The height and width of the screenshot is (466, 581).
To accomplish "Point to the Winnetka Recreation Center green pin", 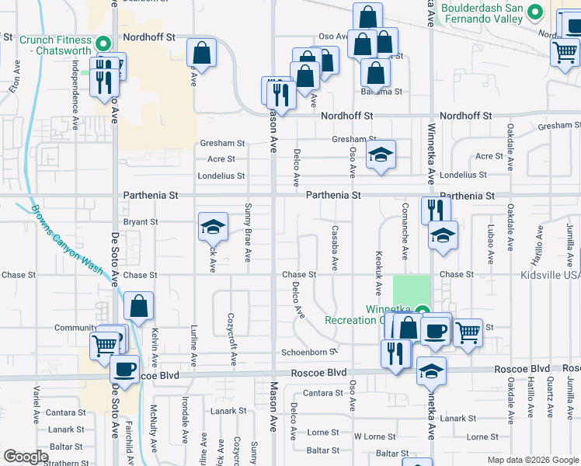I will coord(422,313).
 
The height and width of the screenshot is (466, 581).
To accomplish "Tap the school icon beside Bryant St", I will coord(213,227).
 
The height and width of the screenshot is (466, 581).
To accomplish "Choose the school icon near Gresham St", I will coord(381,155).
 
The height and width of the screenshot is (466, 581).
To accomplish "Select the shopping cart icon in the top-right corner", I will coord(565,53).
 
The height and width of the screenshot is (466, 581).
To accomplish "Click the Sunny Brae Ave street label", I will coord(248,232).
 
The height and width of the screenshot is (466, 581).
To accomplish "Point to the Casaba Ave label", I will coord(334,248).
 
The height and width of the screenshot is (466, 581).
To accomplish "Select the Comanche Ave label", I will coord(405,231).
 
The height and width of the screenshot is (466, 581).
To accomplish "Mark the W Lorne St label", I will coord(376,436).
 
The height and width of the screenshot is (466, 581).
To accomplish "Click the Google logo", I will coord(26,457).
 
